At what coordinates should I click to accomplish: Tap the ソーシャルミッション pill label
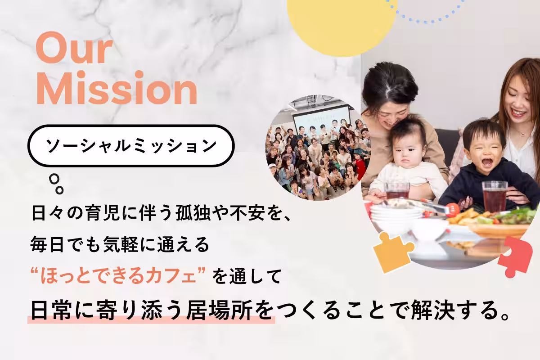point(130,145)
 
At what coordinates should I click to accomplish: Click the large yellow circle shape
point(342,22)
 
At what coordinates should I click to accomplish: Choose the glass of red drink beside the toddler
point(495,196)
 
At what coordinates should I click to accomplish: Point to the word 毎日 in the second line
point(42,245)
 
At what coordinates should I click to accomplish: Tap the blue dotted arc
point(427,13)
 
